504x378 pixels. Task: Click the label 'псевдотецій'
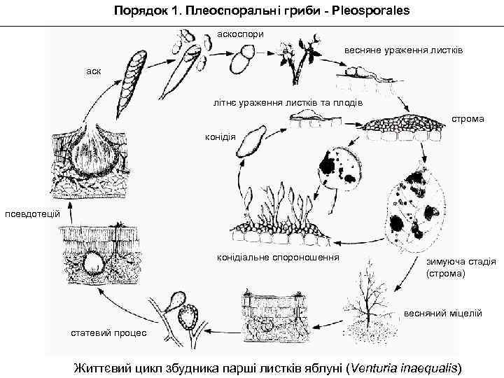29,213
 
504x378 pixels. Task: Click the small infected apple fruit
338,168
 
